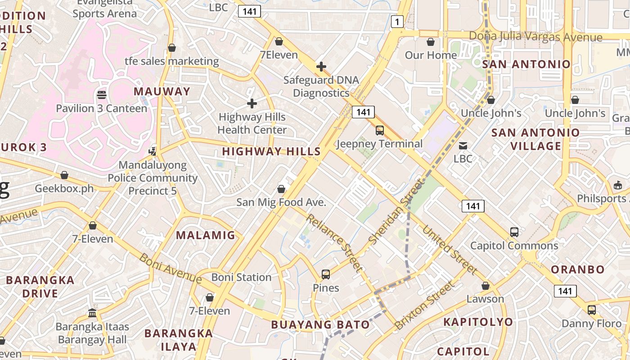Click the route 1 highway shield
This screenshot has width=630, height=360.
coord(397,22)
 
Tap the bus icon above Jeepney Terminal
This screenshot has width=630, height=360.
coord(380,130)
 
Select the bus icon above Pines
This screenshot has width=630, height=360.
coord(326,274)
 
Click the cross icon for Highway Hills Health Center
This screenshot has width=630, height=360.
coord(252,104)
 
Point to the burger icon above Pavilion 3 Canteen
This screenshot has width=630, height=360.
coord(102,95)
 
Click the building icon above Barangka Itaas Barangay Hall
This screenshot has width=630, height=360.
coord(92,313)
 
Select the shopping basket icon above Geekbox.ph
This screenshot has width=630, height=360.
coord(64,175)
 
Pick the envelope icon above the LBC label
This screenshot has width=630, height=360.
coord(463,145)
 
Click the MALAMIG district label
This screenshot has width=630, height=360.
coord(206,235)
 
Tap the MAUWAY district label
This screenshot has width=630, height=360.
coord(162,91)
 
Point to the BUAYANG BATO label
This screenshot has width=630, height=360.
coord(320,324)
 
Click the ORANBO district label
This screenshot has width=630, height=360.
coord(578,270)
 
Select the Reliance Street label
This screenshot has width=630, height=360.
coord(334,243)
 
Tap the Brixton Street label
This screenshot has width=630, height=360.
coord(424,305)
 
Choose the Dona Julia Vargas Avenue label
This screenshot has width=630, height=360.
coord(535,36)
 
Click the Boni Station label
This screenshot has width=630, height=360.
coord(241,277)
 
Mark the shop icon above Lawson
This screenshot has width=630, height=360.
coord(485,286)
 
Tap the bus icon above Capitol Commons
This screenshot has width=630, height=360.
coord(514,232)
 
